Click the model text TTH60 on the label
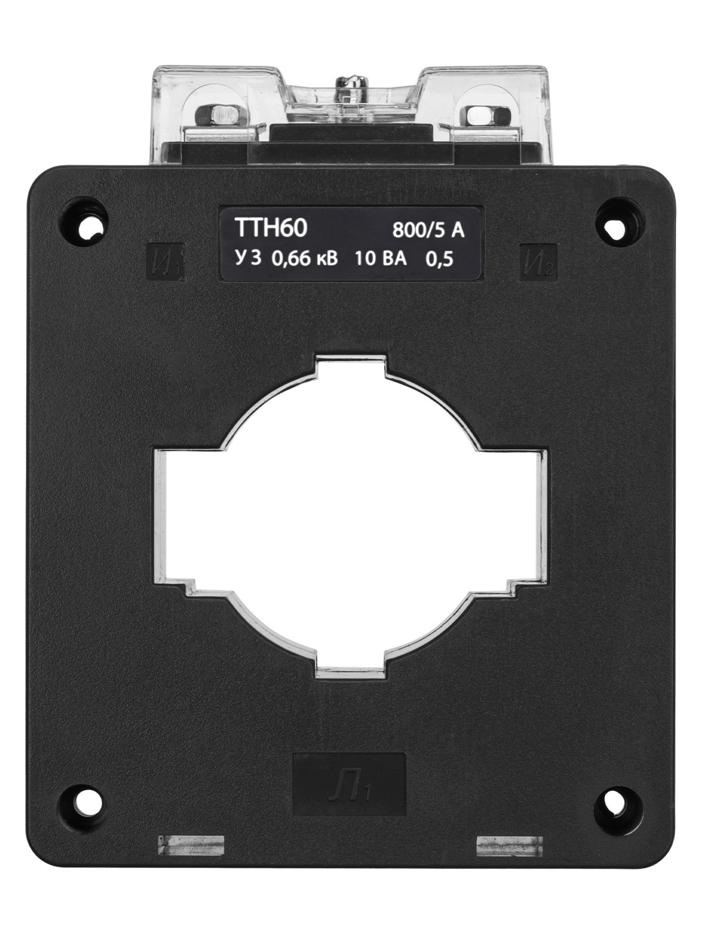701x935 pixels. click(x=270, y=228)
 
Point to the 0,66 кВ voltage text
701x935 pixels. click(x=304, y=259)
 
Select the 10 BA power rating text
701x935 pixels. click(x=380, y=259)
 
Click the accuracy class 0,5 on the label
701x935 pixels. click(x=440, y=259)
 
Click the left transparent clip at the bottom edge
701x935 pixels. click(x=191, y=846)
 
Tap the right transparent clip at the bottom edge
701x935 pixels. click(x=509, y=846)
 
